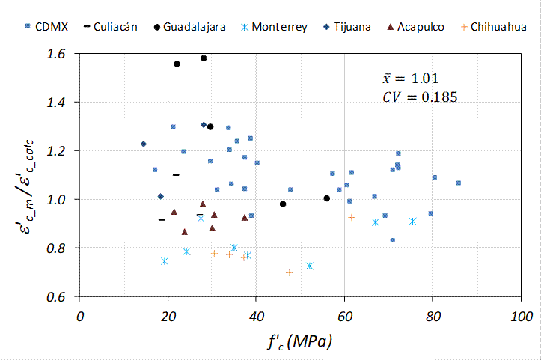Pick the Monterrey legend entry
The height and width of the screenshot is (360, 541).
pos(274,27)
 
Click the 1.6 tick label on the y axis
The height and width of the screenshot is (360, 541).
pos(57,54)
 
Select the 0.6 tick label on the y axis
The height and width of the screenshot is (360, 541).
pos(57,296)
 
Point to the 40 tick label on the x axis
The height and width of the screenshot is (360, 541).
pos(256,315)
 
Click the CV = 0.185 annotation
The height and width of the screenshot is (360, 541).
pos(419,96)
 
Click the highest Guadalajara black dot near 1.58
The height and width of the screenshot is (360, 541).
pos(204,58)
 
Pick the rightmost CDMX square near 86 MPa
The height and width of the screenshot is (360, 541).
pos(459,183)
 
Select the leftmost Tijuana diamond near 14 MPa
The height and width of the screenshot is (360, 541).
pos(143,144)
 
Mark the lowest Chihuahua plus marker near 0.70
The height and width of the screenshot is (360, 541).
pos(290,272)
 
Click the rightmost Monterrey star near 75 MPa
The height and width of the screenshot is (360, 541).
pos(412,221)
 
